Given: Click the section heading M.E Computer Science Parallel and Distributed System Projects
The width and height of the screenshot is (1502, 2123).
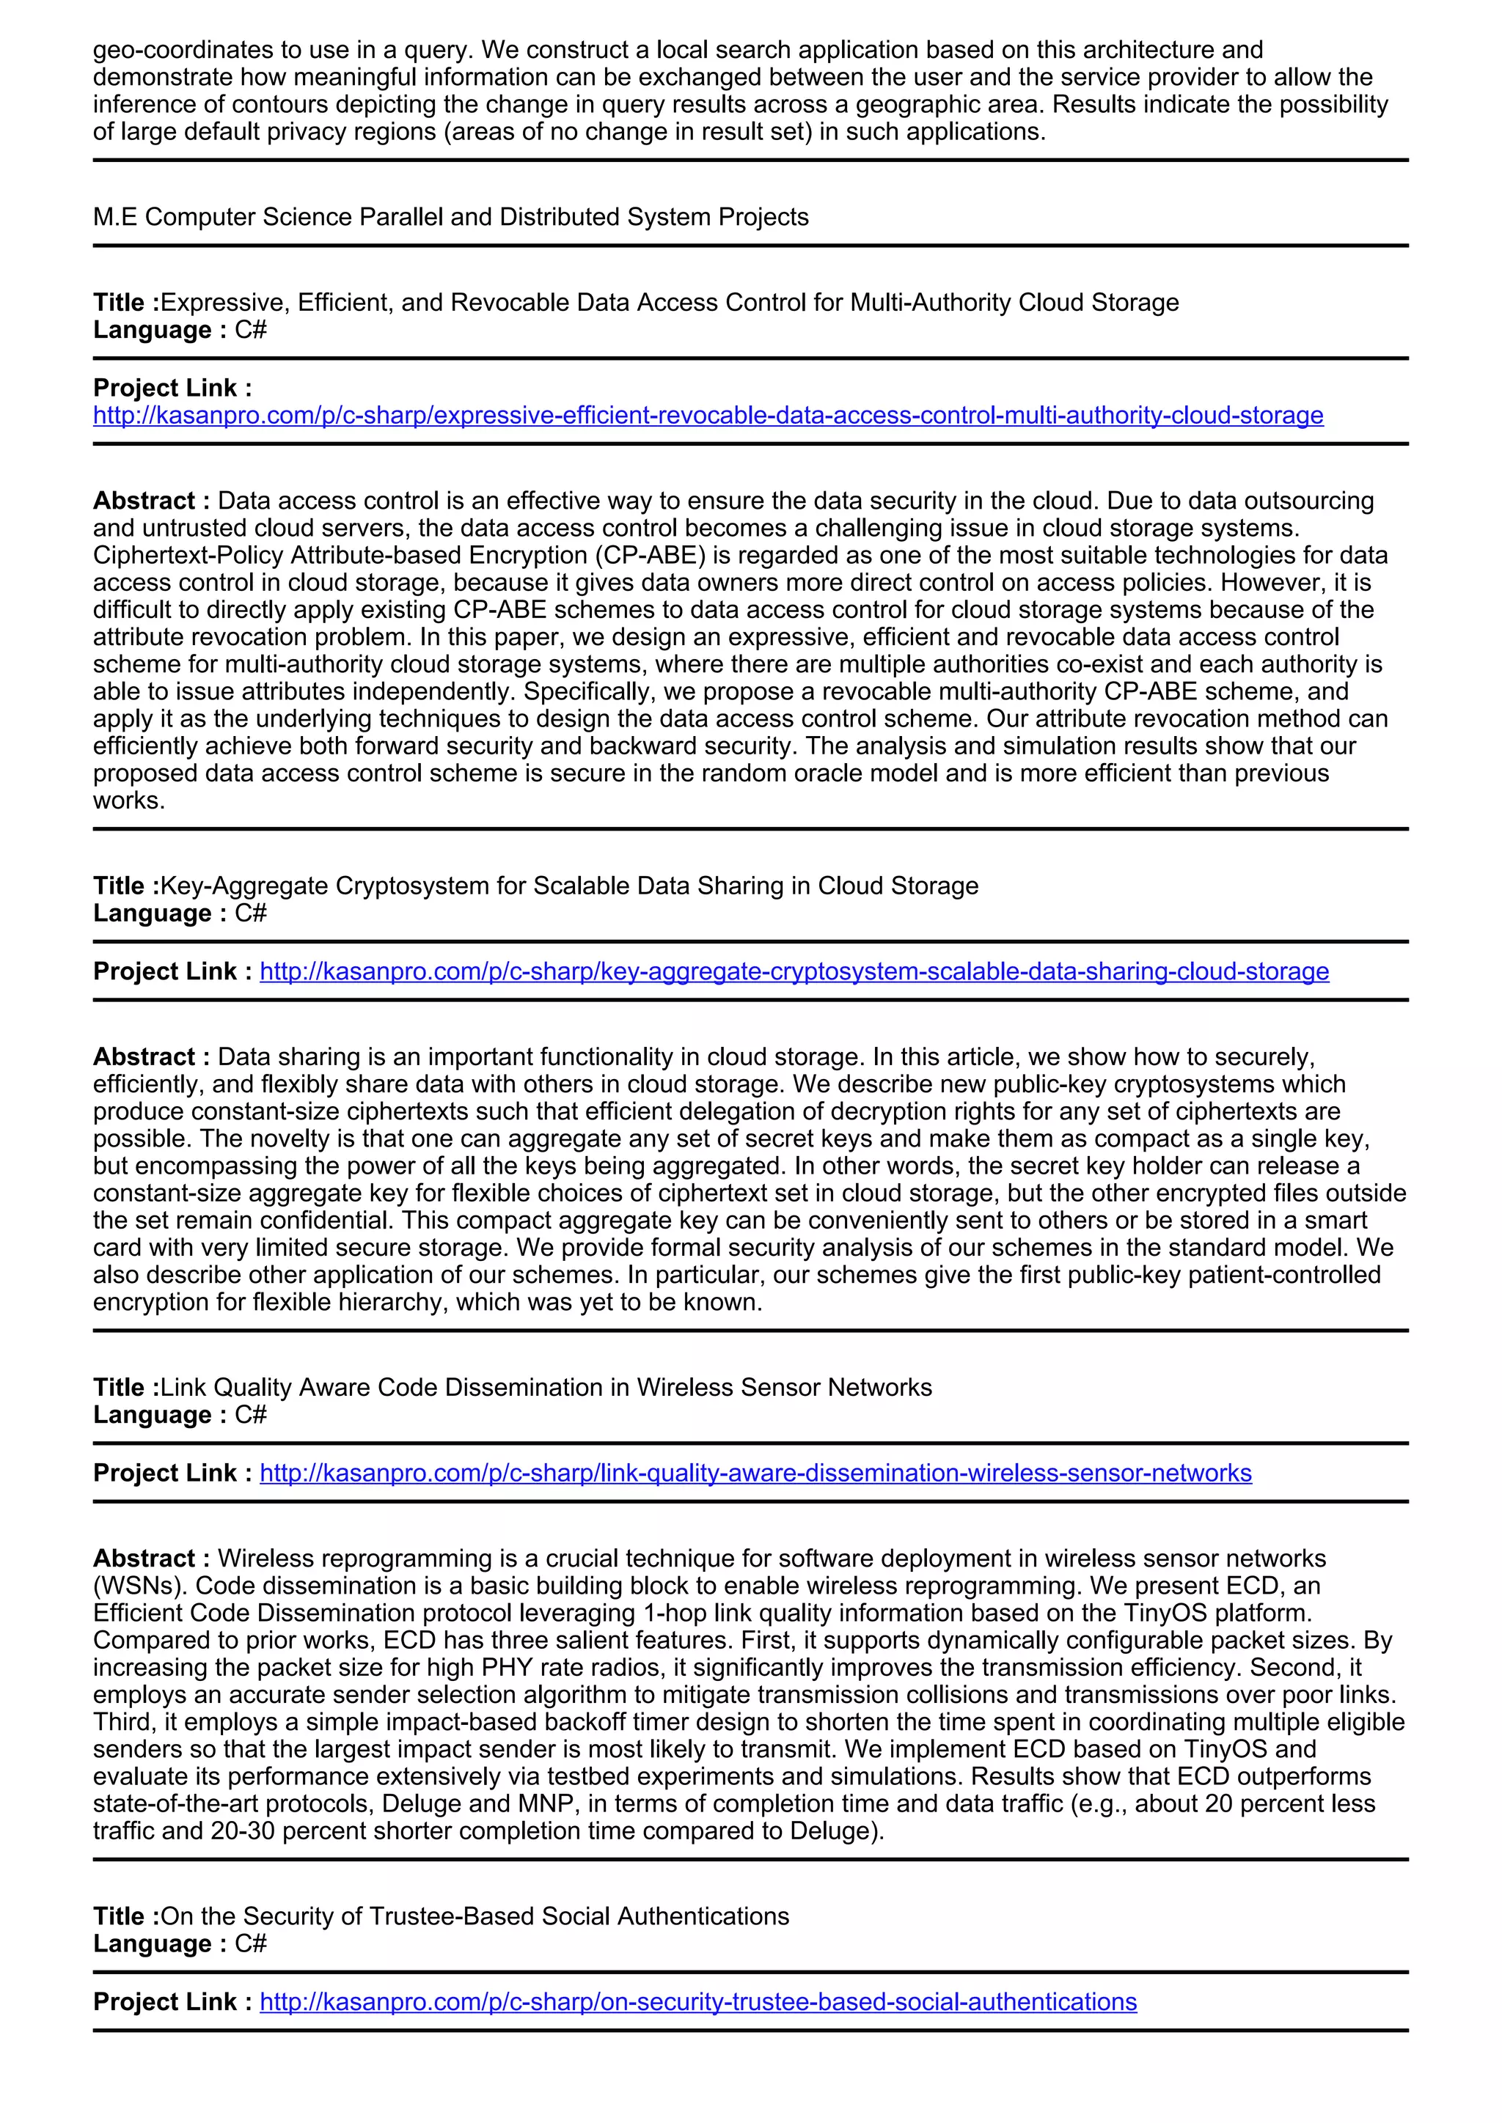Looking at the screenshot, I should click(450, 217).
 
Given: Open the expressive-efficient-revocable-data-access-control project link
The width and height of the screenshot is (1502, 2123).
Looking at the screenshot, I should click(708, 416).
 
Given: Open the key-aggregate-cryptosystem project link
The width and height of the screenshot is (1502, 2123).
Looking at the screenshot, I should click(794, 972).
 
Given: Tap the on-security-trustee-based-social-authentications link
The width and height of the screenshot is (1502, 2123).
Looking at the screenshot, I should click(697, 2002).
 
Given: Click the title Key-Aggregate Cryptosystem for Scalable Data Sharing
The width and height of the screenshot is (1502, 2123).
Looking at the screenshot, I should click(569, 886).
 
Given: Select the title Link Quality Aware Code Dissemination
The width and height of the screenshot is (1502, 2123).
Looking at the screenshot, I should click(546, 1387).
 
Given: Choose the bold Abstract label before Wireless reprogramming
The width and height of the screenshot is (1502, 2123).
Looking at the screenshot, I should click(151, 1559).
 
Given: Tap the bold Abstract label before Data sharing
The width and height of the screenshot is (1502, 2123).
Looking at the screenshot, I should click(151, 1057).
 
